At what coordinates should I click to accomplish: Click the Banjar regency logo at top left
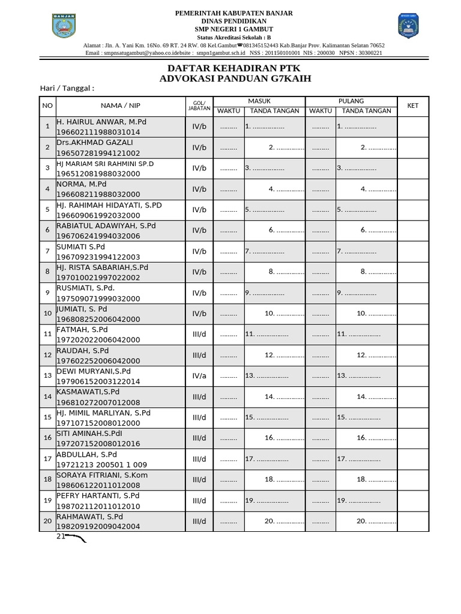pyautogui.click(x=65, y=26)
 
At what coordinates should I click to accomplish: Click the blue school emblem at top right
pyautogui.click(x=410, y=26)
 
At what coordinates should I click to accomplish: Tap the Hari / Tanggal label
pyautogui.click(x=67, y=88)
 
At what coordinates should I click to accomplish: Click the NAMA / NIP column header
pyautogui.click(x=120, y=106)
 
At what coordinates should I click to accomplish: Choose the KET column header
pyautogui.click(x=412, y=106)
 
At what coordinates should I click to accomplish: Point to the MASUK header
pyautogui.click(x=259, y=101)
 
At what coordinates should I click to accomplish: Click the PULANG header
pyautogui.click(x=351, y=101)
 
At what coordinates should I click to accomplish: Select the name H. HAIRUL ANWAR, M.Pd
pyautogui.click(x=101, y=122)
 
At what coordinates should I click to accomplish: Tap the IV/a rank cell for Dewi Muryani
pyautogui.click(x=199, y=376)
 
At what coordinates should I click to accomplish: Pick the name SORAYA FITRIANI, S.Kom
pyautogui.click(x=102, y=475)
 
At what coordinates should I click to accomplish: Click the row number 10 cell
pyautogui.click(x=47, y=314)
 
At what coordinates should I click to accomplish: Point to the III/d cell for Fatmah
pyautogui.click(x=199, y=335)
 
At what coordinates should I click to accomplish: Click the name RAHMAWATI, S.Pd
pyautogui.click(x=89, y=517)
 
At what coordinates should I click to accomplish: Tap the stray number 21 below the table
pyautogui.click(x=61, y=536)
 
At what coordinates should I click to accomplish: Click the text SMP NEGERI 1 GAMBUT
pyautogui.click(x=234, y=29)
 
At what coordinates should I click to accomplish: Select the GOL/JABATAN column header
pyautogui.click(x=199, y=106)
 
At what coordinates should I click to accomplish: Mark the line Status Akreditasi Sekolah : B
pyautogui.click(x=234, y=37)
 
